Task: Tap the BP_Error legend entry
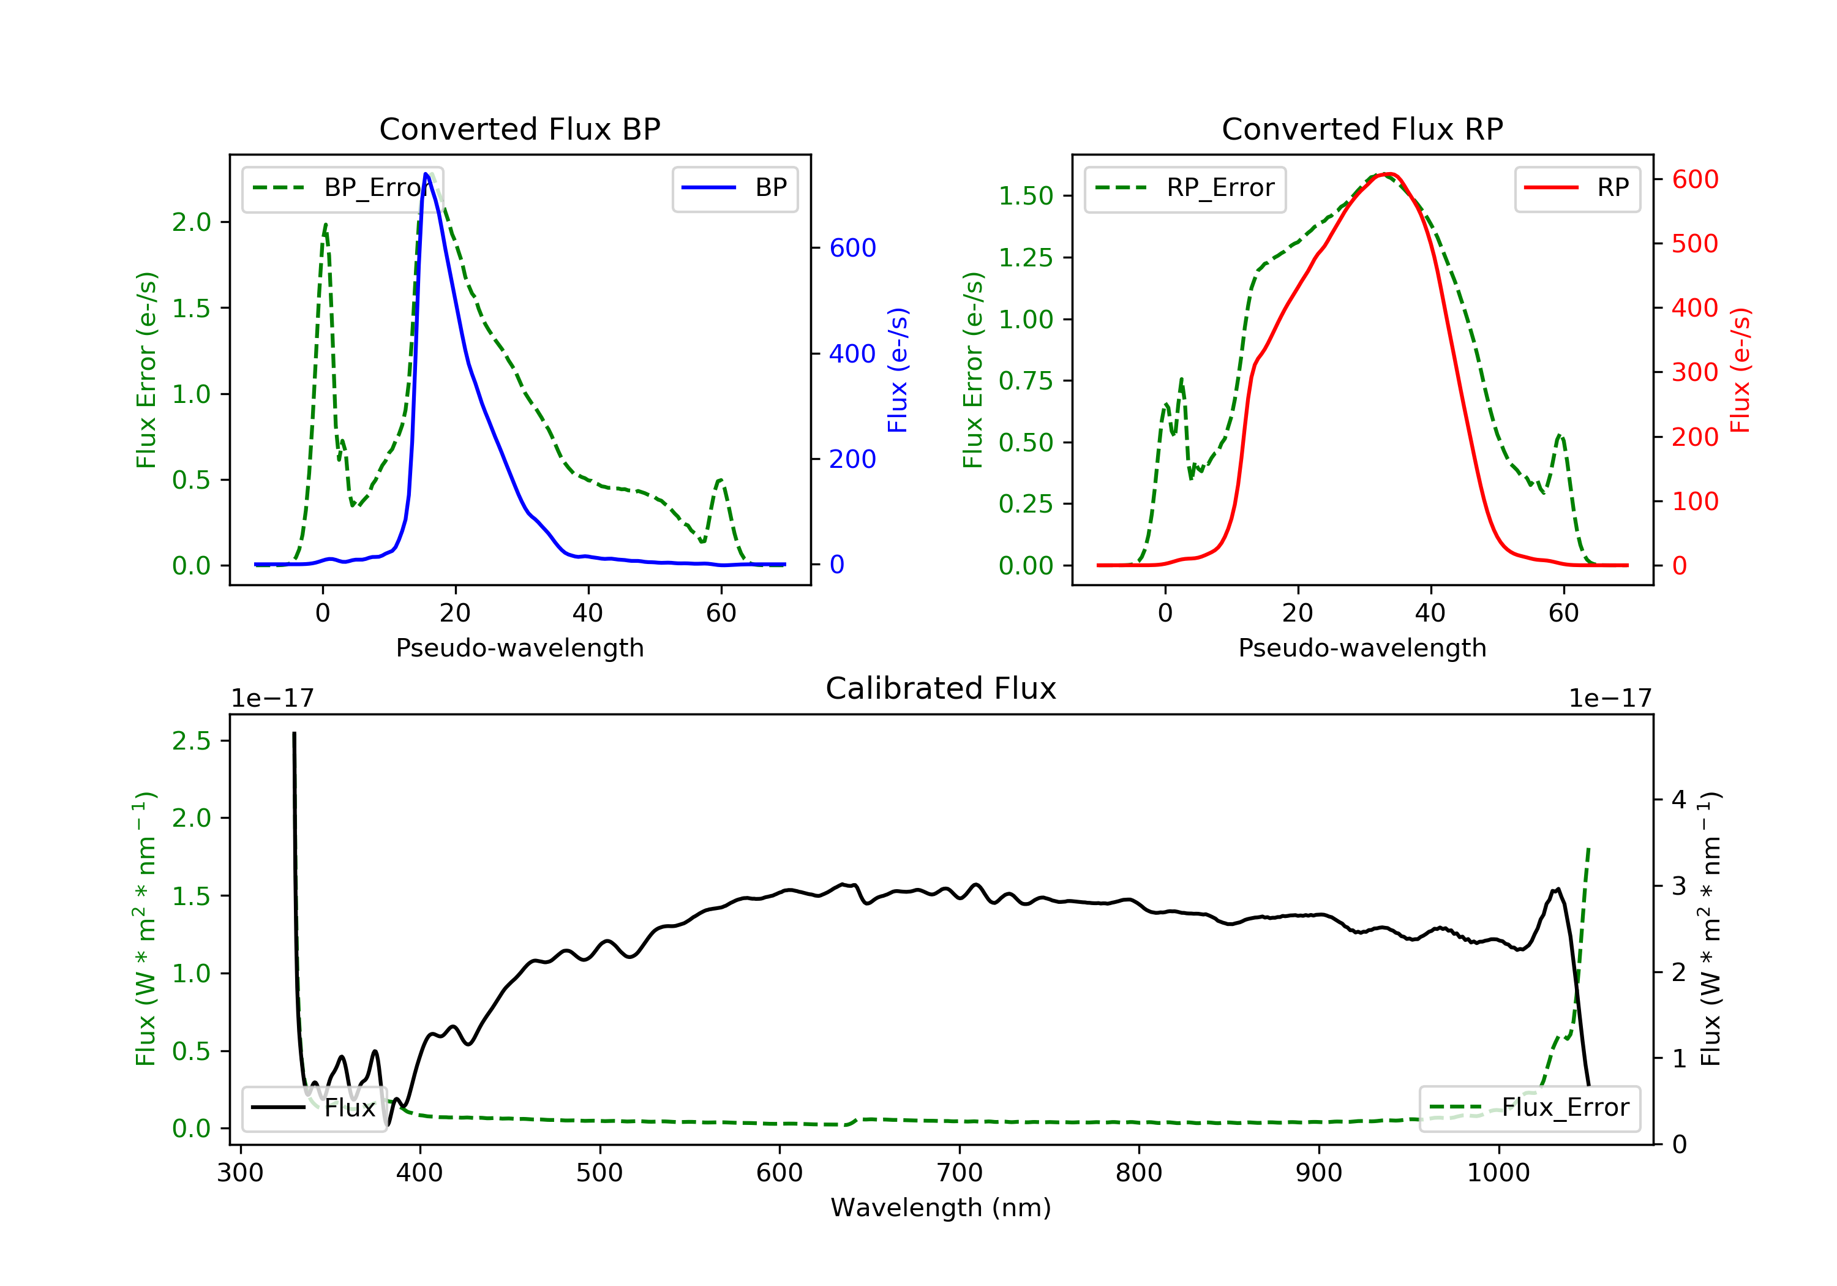click(x=342, y=189)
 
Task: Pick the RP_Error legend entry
click(x=1184, y=189)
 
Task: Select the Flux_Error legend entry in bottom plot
click(x=1529, y=1108)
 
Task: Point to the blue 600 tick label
click(x=852, y=248)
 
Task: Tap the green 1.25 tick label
click(x=1025, y=258)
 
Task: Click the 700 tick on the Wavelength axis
click(x=960, y=1173)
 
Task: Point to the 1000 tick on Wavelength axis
click(x=1498, y=1173)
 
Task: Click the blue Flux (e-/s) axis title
click(x=898, y=370)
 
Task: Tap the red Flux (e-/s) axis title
click(x=1740, y=370)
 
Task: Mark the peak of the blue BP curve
click(x=426, y=174)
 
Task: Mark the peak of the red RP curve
click(x=1388, y=174)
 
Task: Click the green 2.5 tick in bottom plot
click(x=191, y=741)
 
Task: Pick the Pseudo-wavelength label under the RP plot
click(x=1362, y=648)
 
